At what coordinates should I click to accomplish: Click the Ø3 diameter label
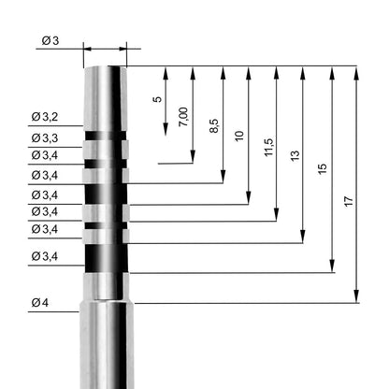tap(50, 40)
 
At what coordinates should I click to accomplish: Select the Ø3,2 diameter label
tap(45, 117)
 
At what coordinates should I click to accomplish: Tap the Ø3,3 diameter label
tap(45, 137)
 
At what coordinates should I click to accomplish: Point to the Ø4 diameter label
tap(40, 302)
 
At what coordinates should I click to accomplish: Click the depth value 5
tap(158, 99)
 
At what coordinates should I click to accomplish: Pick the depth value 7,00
tap(183, 117)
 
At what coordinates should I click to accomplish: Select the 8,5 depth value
tap(214, 126)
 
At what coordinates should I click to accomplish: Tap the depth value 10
tap(239, 136)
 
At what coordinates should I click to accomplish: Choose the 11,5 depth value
tap(268, 147)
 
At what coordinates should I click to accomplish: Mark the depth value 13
tap(295, 155)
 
